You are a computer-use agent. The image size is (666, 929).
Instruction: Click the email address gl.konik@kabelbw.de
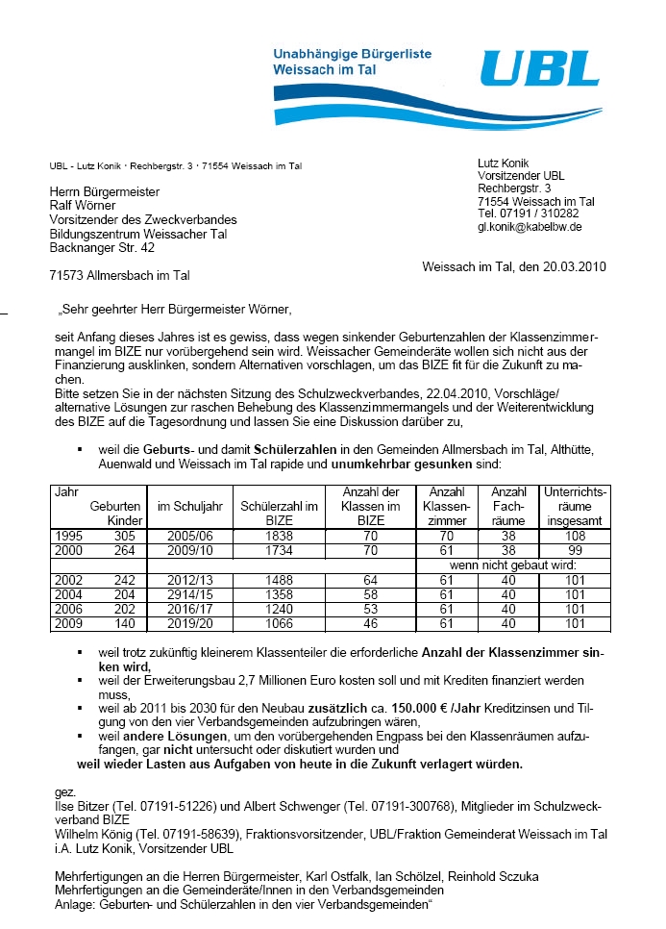[530, 227]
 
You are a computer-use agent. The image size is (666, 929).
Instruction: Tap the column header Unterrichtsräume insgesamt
[577, 506]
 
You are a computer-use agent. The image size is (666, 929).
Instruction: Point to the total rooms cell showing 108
[576, 534]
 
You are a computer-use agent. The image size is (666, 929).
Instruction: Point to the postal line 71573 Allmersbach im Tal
[119, 275]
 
